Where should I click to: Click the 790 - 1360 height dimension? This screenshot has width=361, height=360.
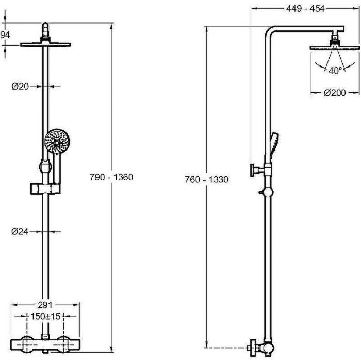[x=111, y=177]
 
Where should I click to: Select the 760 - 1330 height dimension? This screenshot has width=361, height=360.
[x=206, y=179]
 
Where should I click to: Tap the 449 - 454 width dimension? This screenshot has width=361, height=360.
[x=305, y=9]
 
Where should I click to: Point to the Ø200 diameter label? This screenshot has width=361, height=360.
[x=335, y=93]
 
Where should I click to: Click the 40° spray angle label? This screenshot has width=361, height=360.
[x=335, y=71]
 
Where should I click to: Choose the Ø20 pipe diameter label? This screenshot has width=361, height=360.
[x=20, y=87]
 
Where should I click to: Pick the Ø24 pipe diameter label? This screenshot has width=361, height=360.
[x=20, y=231]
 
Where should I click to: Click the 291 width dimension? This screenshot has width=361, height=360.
[x=45, y=305]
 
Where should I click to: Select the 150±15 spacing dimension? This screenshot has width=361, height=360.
[x=45, y=316]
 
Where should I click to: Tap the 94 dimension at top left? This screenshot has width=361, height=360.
[x=5, y=35]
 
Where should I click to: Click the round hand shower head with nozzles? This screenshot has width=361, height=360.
[x=57, y=141]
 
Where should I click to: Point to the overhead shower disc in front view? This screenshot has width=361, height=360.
[x=45, y=44]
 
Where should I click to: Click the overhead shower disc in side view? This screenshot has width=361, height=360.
[x=335, y=48]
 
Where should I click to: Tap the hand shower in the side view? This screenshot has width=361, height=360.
[x=274, y=145]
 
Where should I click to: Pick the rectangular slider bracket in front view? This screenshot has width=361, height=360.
[x=45, y=188]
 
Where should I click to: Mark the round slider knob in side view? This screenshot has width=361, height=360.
[x=268, y=192]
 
